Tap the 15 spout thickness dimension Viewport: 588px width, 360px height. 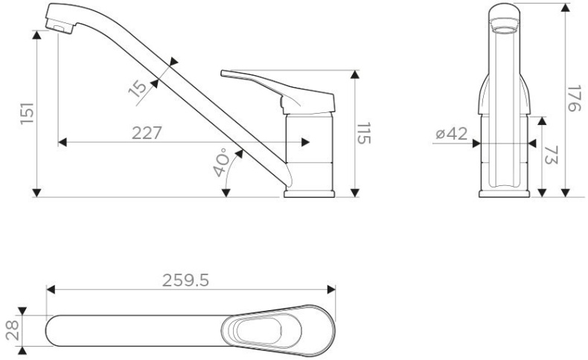[x=138, y=88]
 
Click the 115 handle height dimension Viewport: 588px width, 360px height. [x=365, y=134]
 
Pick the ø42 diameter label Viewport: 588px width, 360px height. [x=451, y=134]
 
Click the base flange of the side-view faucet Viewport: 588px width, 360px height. [x=310, y=193]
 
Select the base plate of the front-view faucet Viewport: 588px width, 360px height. [x=505, y=193]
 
